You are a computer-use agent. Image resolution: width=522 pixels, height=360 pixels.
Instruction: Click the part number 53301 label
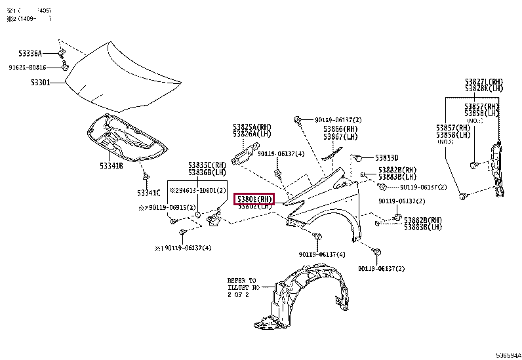pyautogui.click(x=41, y=83)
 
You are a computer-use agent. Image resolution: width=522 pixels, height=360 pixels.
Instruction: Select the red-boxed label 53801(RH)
pyautogui.click(x=254, y=199)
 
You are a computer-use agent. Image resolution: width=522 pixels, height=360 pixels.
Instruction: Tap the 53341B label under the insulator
pyautogui.click(x=111, y=166)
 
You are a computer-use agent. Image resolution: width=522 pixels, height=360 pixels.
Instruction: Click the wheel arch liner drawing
pyautogui.click(x=308, y=295)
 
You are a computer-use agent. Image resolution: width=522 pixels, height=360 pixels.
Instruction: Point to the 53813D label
pyautogui.click(x=386, y=157)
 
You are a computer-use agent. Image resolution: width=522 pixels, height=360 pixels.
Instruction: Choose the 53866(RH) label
pyautogui.click(x=340, y=130)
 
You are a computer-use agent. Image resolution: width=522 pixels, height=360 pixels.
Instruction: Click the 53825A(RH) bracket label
pyautogui.click(x=251, y=127)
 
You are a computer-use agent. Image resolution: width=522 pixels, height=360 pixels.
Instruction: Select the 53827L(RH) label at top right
pyautogui.click(x=484, y=81)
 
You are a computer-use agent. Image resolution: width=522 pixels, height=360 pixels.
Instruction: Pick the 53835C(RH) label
pyautogui.click(x=207, y=165)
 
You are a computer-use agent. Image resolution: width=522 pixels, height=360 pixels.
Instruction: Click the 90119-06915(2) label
pyautogui.click(x=167, y=208)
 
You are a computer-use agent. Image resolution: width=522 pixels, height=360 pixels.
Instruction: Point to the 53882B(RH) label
pyautogui.click(x=397, y=169)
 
